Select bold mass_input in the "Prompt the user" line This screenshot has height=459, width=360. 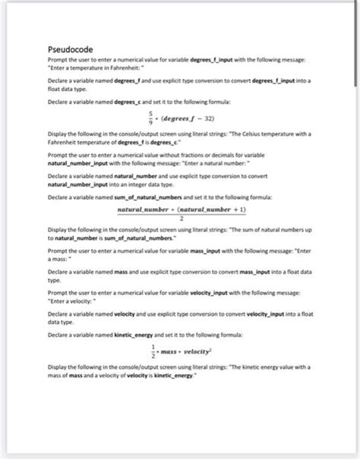(197, 250)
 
